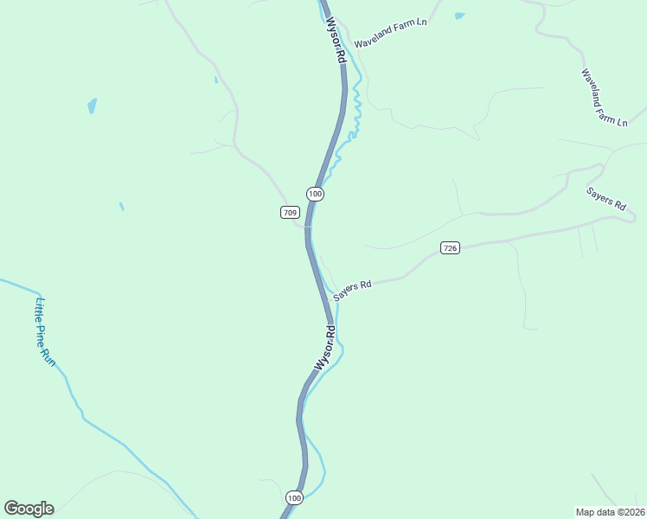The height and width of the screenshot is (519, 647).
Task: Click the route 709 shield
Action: tap(290, 213)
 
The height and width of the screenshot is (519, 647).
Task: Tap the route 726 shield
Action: tap(449, 248)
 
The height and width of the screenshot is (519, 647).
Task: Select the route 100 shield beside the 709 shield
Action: tap(315, 195)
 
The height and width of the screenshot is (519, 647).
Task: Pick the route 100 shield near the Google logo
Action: tap(294, 497)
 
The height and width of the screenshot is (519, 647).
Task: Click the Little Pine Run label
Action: tap(44, 333)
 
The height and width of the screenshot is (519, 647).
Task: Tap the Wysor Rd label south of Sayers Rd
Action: tap(325, 348)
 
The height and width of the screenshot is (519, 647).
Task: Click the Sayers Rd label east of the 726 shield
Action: tap(605, 199)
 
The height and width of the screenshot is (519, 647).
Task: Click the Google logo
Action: tap(29, 509)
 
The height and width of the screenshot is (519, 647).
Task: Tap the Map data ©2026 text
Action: tap(611, 512)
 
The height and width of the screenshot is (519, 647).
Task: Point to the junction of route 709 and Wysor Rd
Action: tap(306, 227)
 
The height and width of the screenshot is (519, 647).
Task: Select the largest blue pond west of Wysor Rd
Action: tap(92, 106)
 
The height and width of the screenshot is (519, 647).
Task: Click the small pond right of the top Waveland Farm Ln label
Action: tap(458, 16)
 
